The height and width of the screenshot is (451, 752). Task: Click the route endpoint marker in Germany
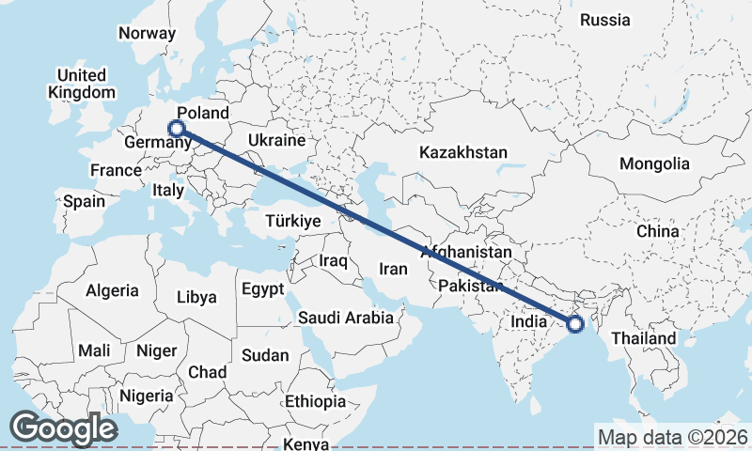pyautogui.click(x=176, y=129)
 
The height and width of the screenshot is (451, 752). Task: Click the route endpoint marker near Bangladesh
pyautogui.click(x=575, y=324)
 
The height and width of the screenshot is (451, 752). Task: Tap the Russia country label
pyautogui.click(x=604, y=20)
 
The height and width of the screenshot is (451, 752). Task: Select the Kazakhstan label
pyautogui.click(x=463, y=152)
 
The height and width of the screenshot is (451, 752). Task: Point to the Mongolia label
pyautogui.click(x=654, y=163)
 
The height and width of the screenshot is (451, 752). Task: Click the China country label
pyautogui.click(x=657, y=231)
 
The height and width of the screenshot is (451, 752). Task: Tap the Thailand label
pyautogui.click(x=644, y=338)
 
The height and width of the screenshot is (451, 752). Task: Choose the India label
pyautogui.click(x=529, y=322)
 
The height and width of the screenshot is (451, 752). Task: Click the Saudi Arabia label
pyautogui.click(x=346, y=318)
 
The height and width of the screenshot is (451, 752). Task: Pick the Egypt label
pyautogui.click(x=262, y=289)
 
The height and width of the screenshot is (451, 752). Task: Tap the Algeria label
pyautogui.click(x=112, y=291)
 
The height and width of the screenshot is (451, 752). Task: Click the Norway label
pyautogui.click(x=147, y=33)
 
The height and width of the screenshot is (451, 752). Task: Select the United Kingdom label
pyautogui.click(x=82, y=84)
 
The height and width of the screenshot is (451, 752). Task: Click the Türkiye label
pyautogui.click(x=293, y=221)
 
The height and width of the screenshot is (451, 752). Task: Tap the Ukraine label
pyautogui.click(x=276, y=141)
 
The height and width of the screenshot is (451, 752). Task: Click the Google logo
pyautogui.click(x=63, y=428)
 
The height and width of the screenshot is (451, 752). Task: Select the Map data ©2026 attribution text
pyautogui.click(x=672, y=437)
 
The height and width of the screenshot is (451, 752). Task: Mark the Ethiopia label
pyautogui.click(x=317, y=401)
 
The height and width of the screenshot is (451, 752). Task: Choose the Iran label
pyautogui.click(x=393, y=269)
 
